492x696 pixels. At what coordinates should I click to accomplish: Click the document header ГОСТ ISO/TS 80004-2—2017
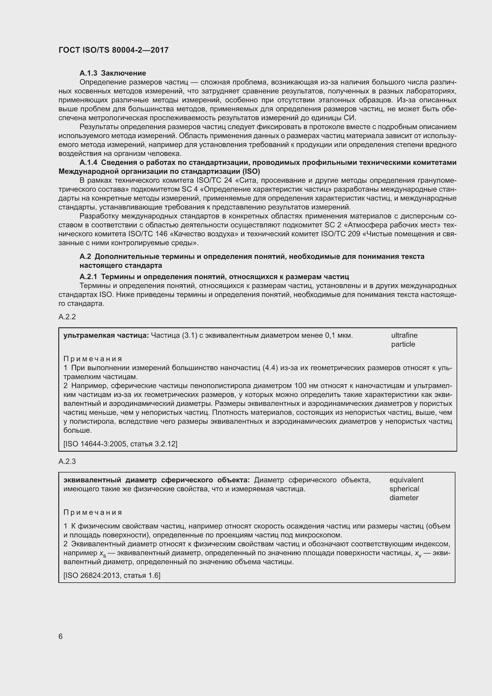(113, 50)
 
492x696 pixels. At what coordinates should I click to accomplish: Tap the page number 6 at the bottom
(61, 636)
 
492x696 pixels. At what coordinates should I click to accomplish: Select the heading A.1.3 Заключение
(113, 73)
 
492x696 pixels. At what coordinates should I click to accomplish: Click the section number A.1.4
(88, 163)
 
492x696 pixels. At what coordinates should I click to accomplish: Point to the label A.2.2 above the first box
(67, 317)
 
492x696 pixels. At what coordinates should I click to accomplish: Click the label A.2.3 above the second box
(67, 462)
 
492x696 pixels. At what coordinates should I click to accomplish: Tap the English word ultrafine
(404, 335)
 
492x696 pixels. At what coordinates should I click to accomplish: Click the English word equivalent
(406, 480)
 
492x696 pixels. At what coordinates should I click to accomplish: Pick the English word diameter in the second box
(404, 498)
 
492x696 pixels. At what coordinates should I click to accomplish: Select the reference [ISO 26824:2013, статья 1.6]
(112, 575)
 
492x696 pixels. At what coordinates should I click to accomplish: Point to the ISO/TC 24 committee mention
(214, 181)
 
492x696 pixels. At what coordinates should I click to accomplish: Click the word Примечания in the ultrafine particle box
(93, 359)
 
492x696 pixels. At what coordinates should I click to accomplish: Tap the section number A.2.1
(88, 277)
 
